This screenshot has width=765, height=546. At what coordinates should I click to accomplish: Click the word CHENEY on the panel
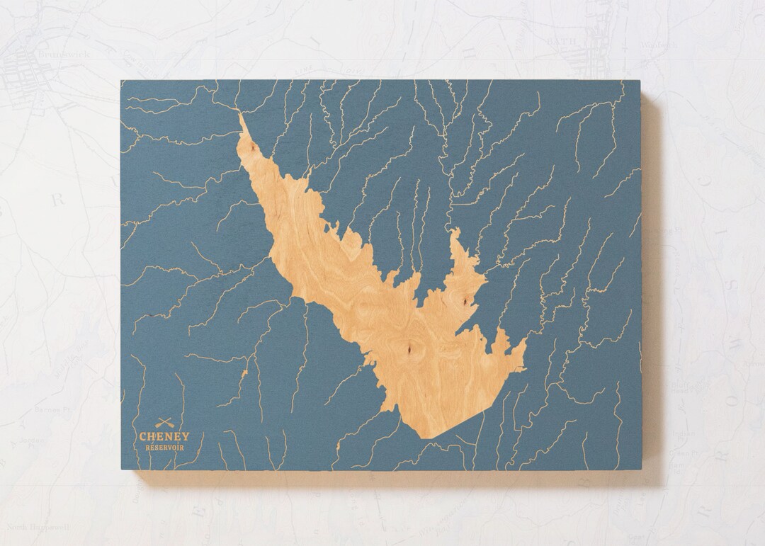pyautogui.click(x=164, y=437)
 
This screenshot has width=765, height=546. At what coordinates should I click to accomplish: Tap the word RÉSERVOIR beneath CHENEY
pyautogui.click(x=164, y=448)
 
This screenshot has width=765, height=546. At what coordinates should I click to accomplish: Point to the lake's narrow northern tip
pyautogui.click(x=240, y=115)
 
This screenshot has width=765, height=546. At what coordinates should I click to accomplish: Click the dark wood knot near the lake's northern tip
pyautogui.click(x=249, y=147)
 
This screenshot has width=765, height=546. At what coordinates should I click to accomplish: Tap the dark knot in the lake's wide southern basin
pyautogui.click(x=409, y=348)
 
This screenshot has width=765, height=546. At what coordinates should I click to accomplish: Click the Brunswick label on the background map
pyautogui.click(x=43, y=53)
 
